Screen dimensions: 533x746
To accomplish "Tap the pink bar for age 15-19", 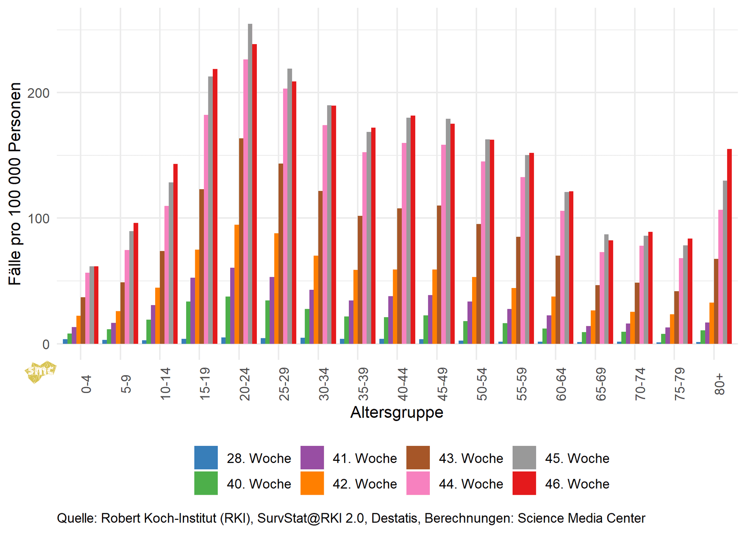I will tap(206, 229).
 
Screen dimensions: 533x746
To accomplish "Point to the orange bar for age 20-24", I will tap(237, 284).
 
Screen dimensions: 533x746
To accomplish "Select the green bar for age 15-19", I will tap(188, 323).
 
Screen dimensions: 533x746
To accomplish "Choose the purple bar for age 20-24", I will tap(232, 306).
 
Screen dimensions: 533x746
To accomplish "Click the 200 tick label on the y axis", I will tap(39, 93).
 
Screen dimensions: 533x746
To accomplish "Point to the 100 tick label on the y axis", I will tap(39, 218).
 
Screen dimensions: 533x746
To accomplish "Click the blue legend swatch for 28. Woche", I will tap(206, 458).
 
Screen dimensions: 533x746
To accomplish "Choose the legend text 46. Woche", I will tap(577, 484).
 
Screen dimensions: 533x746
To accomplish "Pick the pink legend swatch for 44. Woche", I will tap(418, 483).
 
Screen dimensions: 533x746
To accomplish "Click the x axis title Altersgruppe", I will tap(397, 412).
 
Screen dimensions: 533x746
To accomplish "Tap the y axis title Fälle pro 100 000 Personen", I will tap(15, 184).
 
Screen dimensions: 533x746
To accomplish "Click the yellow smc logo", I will tap(40, 371).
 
